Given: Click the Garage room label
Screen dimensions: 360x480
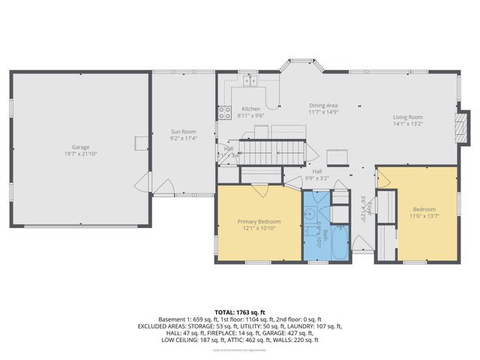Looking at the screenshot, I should point(81,146).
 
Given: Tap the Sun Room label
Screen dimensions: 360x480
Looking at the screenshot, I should point(183,132).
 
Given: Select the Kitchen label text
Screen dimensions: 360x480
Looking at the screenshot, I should point(250,109).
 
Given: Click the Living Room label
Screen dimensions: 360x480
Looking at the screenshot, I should point(408,117).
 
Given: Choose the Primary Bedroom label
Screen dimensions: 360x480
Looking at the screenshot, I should point(259,221).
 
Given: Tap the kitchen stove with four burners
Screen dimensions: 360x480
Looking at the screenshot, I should point(224,113).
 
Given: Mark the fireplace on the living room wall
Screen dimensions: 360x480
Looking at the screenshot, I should point(463,127).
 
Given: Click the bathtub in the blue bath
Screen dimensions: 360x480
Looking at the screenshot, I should point(336,242).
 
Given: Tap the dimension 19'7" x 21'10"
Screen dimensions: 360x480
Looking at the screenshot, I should point(81,154).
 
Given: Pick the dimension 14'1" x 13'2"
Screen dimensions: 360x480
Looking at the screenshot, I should point(408,124).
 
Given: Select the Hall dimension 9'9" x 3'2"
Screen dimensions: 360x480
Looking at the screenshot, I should point(317,178).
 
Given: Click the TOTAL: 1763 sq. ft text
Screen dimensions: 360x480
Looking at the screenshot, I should point(238,311).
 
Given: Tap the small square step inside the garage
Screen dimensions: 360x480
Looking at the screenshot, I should point(141,143).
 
